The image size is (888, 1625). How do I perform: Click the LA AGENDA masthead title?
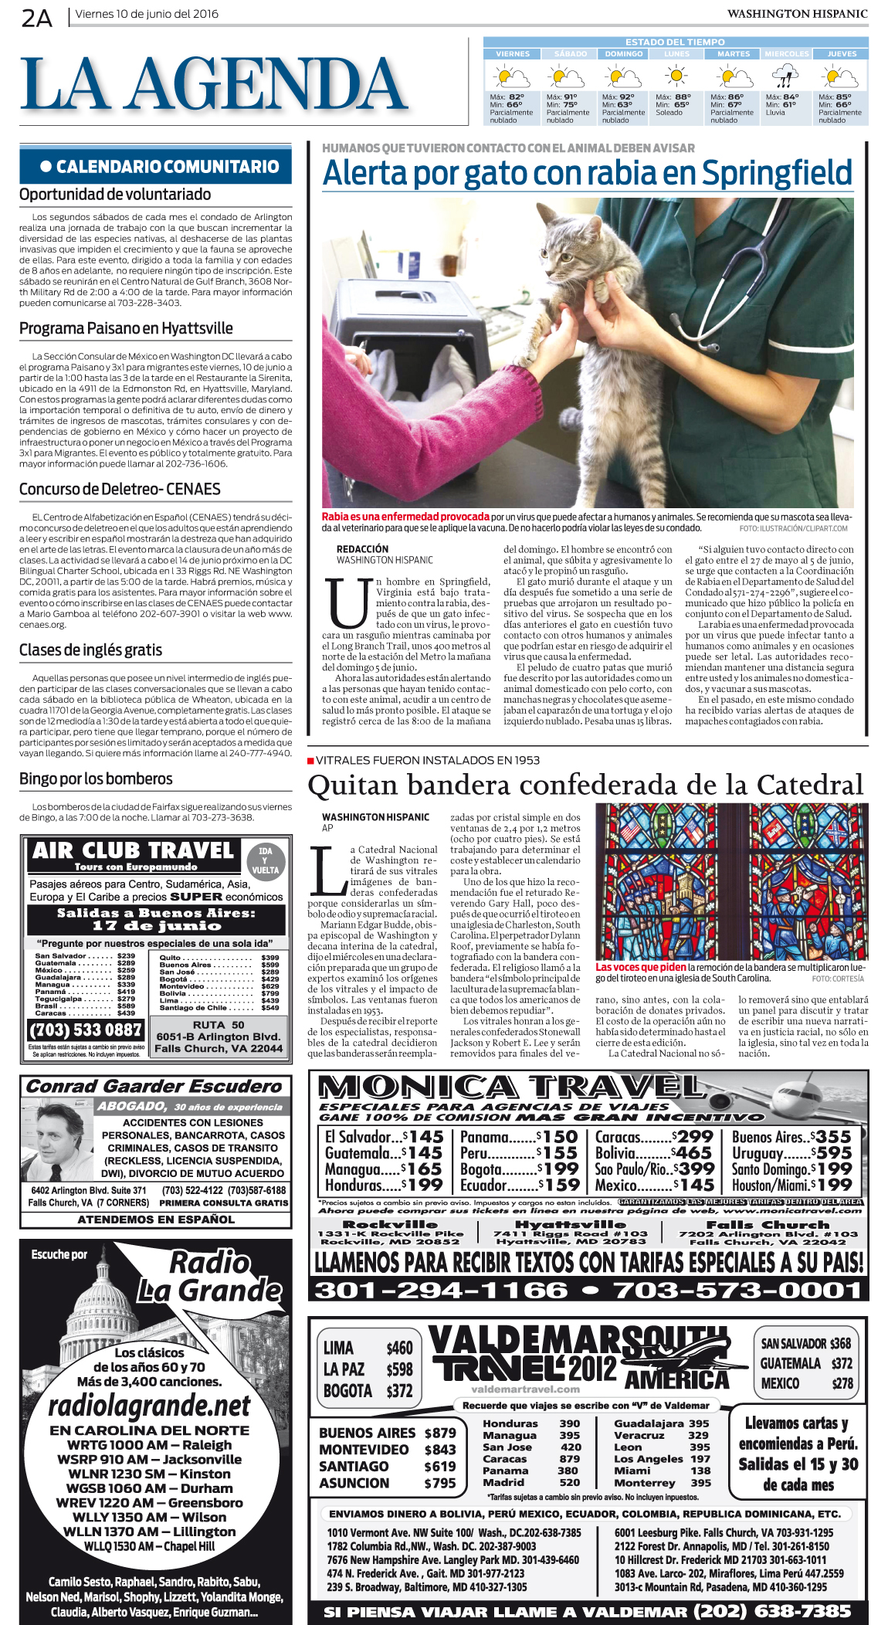point(214,84)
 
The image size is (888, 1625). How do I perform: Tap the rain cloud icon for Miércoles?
point(785,76)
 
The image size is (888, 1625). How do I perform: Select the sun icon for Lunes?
point(676,76)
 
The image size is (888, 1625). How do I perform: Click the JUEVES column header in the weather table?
point(841,54)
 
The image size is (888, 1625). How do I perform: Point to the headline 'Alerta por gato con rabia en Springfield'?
point(587,174)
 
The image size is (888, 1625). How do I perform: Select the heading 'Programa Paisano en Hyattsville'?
point(126,328)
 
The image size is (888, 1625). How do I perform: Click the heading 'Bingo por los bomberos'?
point(96,779)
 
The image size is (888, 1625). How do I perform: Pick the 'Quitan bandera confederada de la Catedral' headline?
point(585,785)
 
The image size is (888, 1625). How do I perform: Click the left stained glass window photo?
point(661,881)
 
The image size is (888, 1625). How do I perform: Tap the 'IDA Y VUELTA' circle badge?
point(265,860)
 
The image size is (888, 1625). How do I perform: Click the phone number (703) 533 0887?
point(86,1030)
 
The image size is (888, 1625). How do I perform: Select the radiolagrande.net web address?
point(149,1405)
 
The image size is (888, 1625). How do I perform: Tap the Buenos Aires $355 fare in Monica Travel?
point(791,1137)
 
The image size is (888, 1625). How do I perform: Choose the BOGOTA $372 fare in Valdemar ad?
point(368,1391)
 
